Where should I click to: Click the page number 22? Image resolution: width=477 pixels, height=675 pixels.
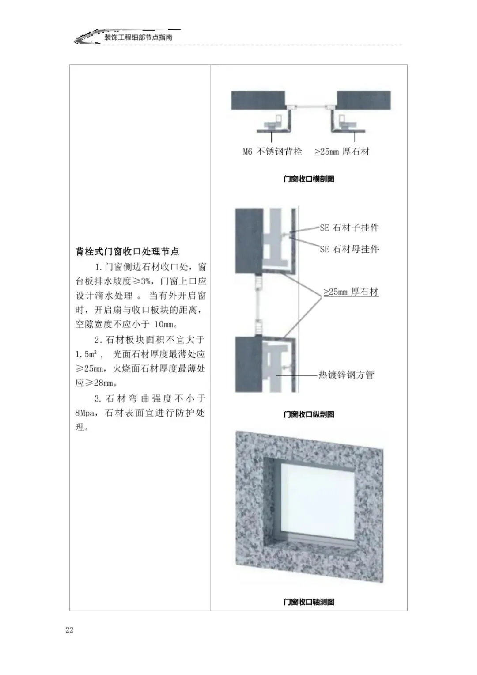click(x=69, y=630)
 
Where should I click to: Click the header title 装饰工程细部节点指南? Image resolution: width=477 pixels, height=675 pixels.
click(x=138, y=38)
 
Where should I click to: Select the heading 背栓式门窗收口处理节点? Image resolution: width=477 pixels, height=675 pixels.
click(x=127, y=252)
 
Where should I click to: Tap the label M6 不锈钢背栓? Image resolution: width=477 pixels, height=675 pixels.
click(x=273, y=152)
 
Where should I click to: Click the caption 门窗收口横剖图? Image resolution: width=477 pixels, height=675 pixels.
click(x=309, y=179)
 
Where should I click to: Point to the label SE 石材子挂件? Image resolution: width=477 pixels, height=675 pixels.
click(x=349, y=228)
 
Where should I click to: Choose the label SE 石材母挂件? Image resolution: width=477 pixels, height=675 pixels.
click(x=349, y=249)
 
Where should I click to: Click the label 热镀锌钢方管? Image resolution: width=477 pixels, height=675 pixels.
click(x=346, y=375)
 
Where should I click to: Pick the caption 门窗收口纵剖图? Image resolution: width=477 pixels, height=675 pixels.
click(x=309, y=414)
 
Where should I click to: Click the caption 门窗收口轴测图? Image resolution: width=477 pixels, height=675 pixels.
click(x=309, y=602)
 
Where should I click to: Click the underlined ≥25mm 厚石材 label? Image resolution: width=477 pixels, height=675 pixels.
click(x=351, y=292)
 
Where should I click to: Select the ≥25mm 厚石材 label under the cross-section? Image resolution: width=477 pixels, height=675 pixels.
click(x=342, y=152)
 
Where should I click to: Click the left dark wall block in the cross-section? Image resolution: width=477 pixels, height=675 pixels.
click(x=258, y=100)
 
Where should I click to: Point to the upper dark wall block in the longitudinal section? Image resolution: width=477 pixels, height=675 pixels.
click(x=249, y=240)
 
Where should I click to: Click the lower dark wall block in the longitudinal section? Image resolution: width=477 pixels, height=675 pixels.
click(x=249, y=364)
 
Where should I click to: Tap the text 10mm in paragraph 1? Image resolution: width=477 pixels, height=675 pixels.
click(x=164, y=324)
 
